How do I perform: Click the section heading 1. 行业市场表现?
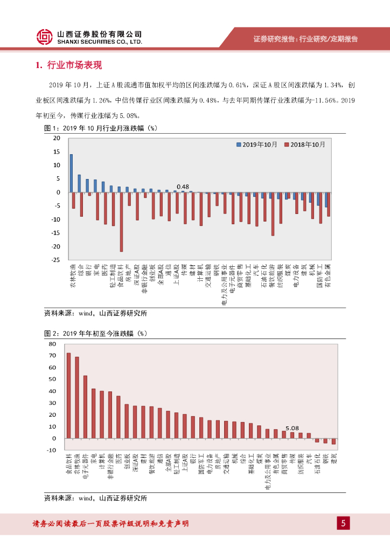tap(68, 65)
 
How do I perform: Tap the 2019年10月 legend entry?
tap(257, 144)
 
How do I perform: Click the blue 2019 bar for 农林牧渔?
tap(71, 173)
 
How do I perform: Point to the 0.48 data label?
tap(183, 187)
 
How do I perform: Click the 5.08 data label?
tap(292, 428)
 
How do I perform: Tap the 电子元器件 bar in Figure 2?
tap(85, 407)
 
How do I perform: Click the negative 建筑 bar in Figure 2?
tap(334, 441)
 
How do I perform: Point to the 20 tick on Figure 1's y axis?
tap(56, 138)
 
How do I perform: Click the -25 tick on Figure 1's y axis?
tap(55, 260)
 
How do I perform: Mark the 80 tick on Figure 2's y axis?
tap(52, 344)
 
